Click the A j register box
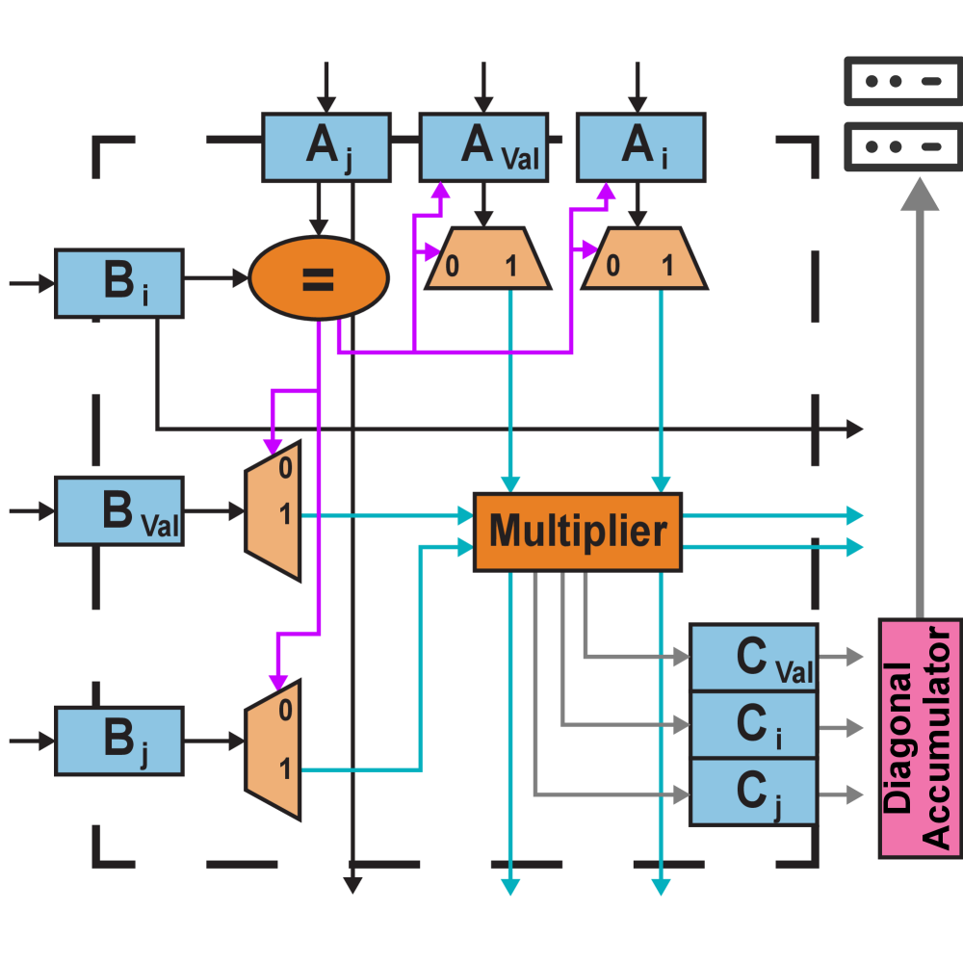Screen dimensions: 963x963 click(326, 147)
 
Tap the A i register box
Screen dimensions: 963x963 click(640, 147)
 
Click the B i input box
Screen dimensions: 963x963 click(119, 283)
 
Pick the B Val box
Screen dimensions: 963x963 click(119, 510)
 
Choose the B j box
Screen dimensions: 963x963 click(119, 741)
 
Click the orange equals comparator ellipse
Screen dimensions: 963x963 click(319, 278)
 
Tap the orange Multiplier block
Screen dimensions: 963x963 click(578, 532)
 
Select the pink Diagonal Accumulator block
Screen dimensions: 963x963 click(919, 738)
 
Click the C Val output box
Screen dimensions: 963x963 click(753, 657)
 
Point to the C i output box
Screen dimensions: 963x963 click(753, 724)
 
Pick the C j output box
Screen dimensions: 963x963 click(753, 792)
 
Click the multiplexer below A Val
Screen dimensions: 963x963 click(487, 259)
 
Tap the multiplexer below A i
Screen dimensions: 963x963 click(644, 259)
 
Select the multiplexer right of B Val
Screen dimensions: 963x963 click(274, 511)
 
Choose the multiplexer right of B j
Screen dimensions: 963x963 click(274, 750)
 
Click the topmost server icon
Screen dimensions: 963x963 click(902, 81)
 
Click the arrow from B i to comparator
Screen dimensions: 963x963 click(217, 278)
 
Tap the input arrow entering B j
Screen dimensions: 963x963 click(31, 741)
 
